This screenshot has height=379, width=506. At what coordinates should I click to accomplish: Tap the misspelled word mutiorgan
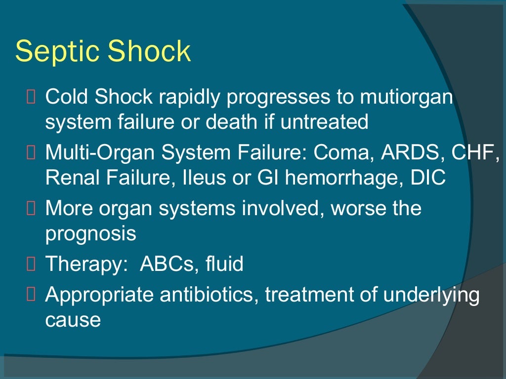tap(406, 97)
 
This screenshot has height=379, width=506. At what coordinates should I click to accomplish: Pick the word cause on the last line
tap(73, 320)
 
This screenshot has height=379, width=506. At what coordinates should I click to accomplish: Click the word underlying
tap(432, 295)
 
